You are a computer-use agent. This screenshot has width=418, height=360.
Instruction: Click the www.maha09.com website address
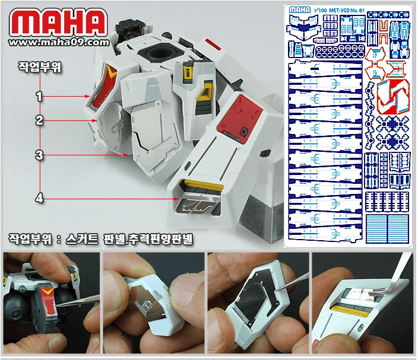(x=59, y=42)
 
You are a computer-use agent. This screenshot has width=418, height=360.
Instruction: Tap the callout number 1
(x=39, y=95)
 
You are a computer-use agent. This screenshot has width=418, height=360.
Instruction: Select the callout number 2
(x=39, y=120)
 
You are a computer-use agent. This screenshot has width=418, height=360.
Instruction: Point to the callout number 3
(x=39, y=155)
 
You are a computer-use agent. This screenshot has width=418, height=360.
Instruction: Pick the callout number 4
(x=39, y=198)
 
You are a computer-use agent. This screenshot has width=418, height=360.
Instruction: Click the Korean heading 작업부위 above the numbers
(x=39, y=67)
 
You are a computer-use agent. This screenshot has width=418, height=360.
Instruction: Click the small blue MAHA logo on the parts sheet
(x=300, y=9)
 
